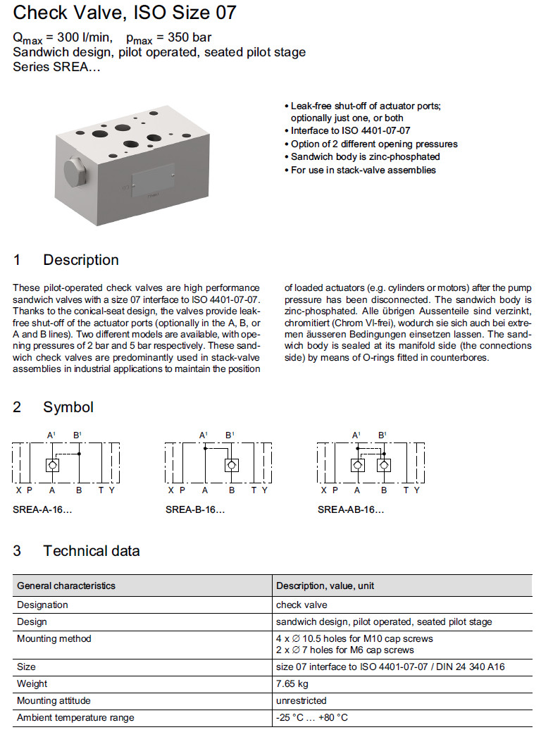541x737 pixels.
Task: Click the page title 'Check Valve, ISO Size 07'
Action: (125, 13)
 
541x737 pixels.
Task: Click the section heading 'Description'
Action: (80, 260)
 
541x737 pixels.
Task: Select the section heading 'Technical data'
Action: (91, 551)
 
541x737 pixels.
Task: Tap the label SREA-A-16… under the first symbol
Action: (42, 509)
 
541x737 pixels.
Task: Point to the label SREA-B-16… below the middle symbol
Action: (195, 509)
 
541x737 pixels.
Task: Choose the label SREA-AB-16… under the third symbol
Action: (351, 509)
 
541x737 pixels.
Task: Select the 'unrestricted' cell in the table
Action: (301, 700)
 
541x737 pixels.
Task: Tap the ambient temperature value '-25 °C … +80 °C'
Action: (312, 717)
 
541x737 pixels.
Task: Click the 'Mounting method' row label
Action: (54, 638)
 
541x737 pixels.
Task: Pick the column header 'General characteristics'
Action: (66, 586)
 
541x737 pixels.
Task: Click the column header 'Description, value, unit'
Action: (325, 586)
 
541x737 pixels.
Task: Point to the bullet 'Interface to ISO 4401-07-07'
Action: (350, 131)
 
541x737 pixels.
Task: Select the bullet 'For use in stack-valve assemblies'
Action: (363, 170)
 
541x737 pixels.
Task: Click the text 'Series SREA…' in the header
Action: (56, 67)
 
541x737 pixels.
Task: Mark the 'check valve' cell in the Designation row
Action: (301, 605)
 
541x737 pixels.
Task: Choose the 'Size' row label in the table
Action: (26, 667)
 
